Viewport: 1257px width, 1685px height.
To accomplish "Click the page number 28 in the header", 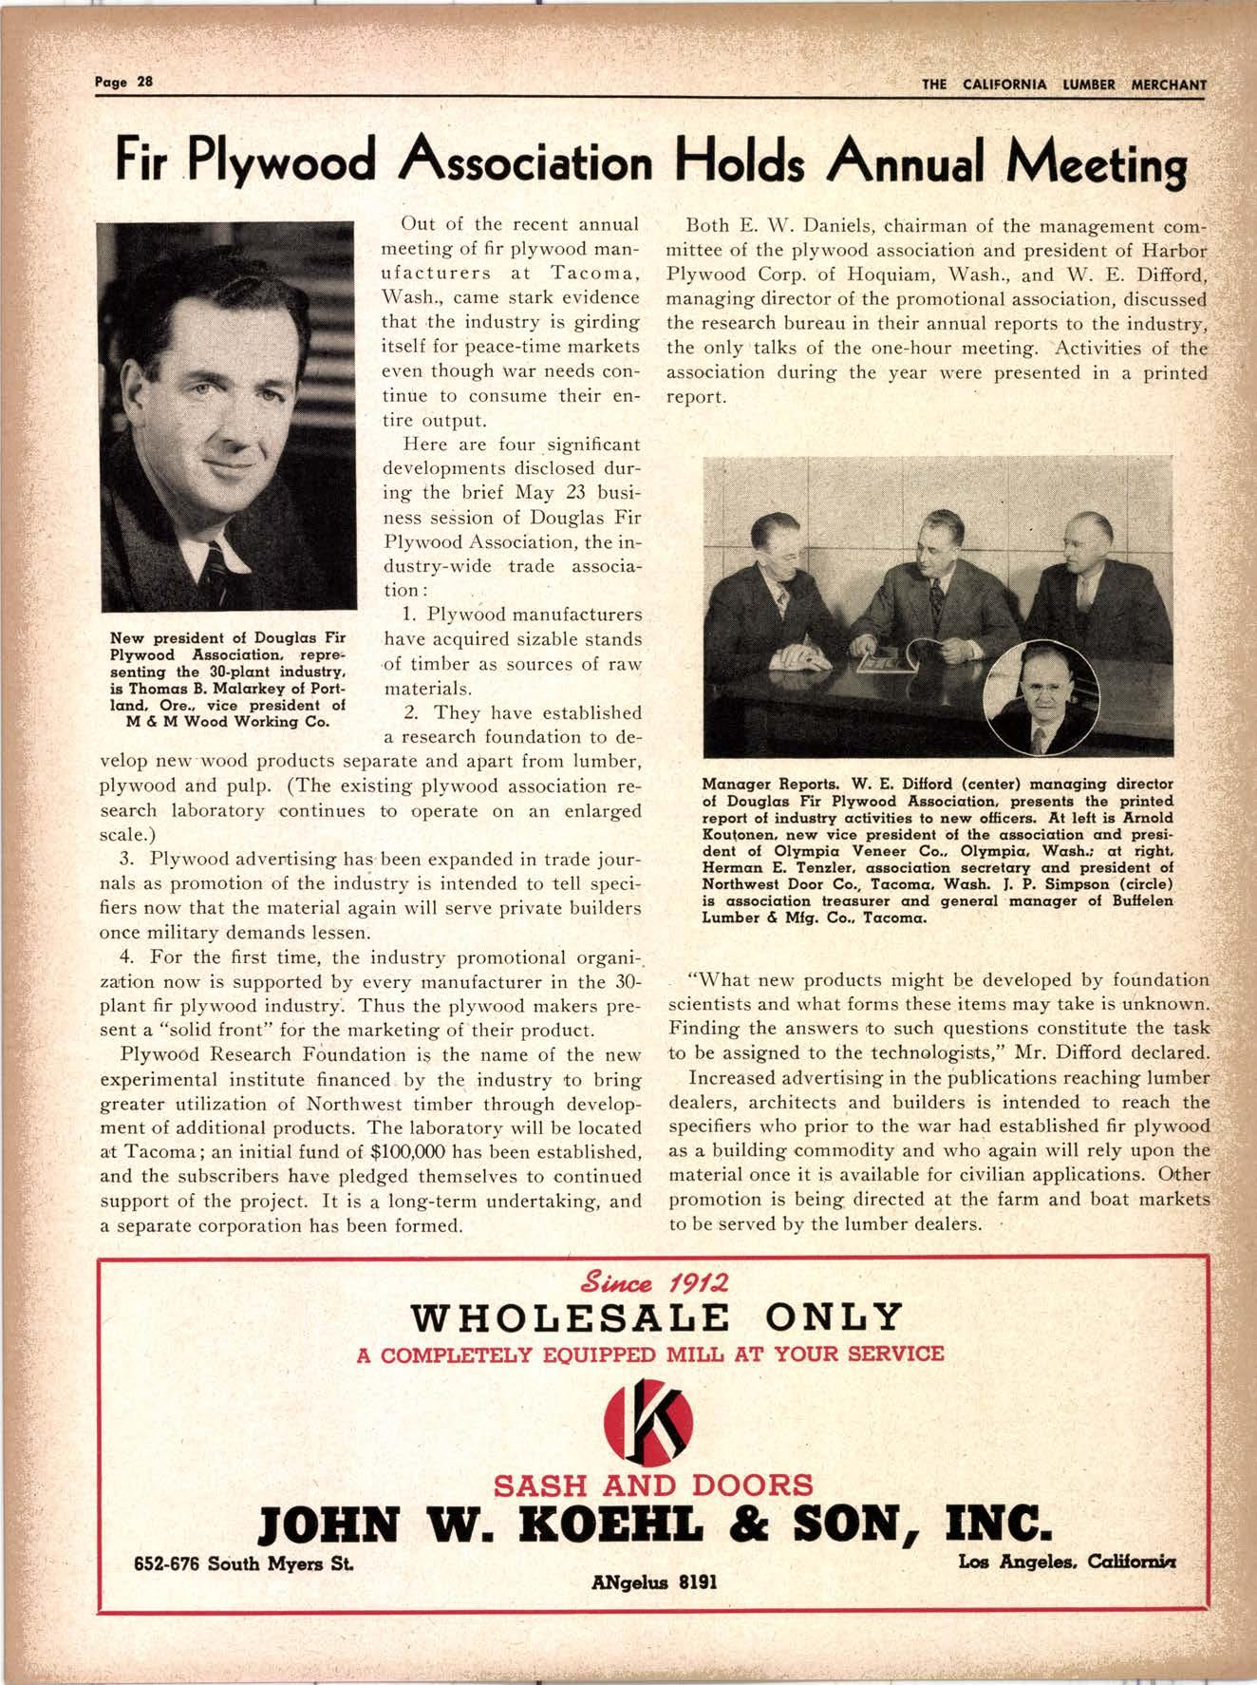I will click(144, 82).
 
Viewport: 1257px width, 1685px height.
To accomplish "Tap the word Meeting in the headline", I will click(1102, 163).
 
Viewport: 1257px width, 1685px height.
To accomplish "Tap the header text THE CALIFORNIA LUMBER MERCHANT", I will click(1063, 84).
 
